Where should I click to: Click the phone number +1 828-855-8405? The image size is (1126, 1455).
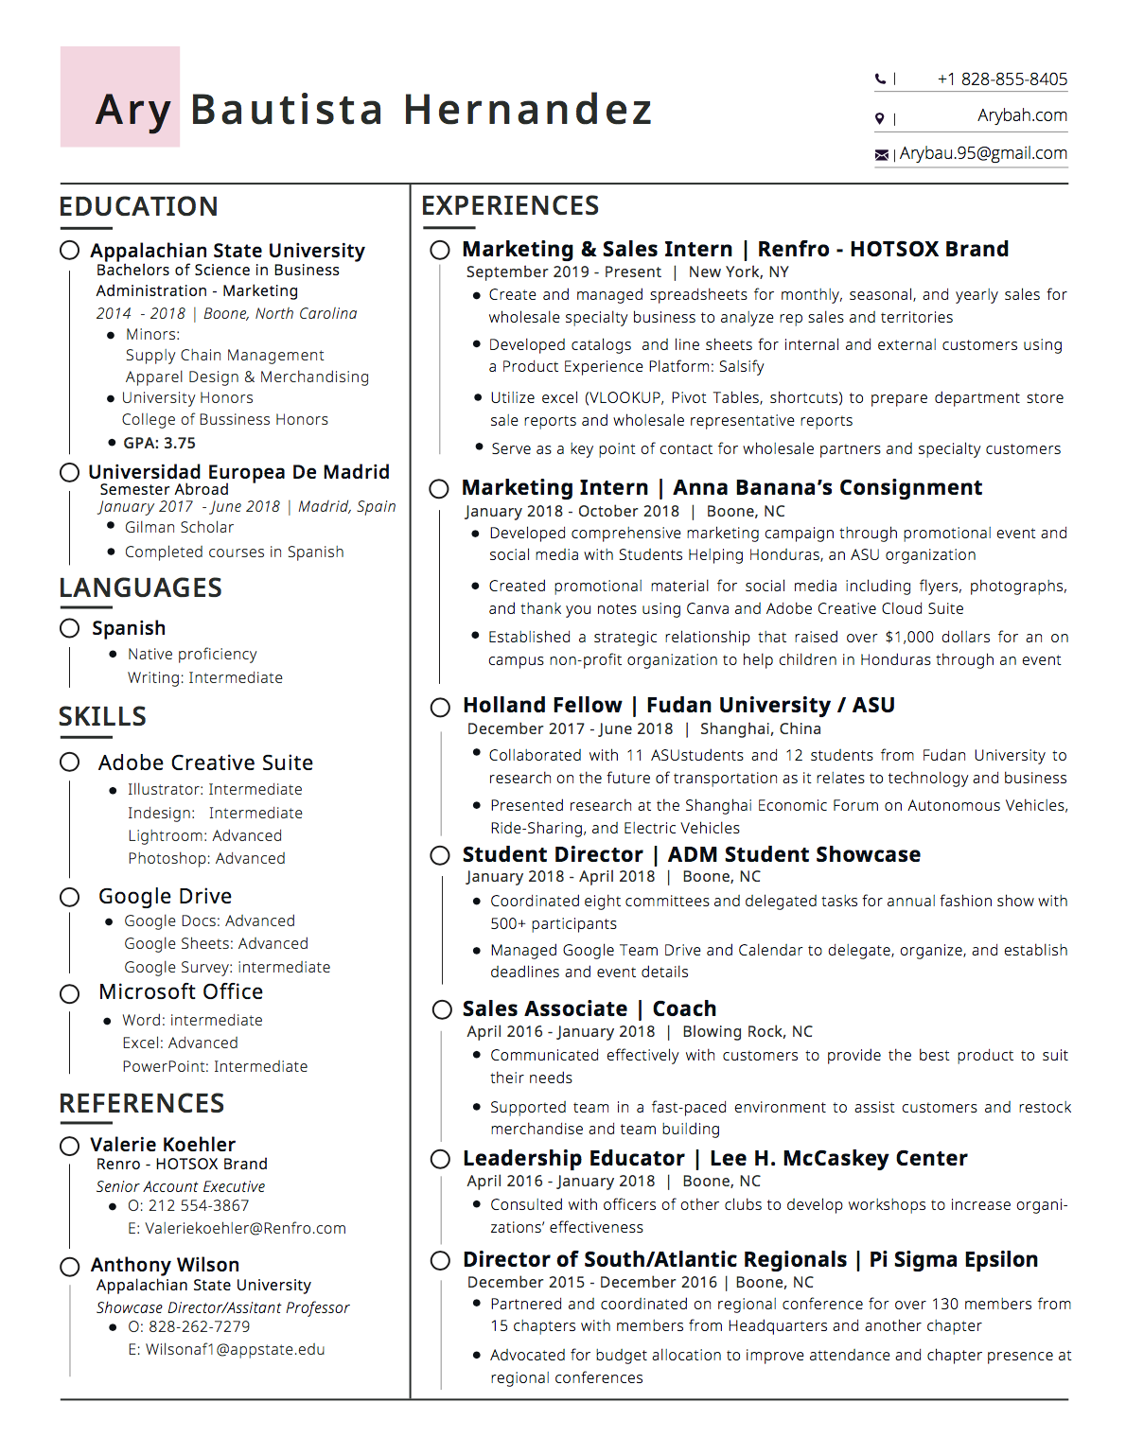(x=1002, y=79)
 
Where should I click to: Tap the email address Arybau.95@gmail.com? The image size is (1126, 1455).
(x=983, y=153)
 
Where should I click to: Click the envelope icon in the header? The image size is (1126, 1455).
(x=882, y=154)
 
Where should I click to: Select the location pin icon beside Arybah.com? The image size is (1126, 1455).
(x=880, y=118)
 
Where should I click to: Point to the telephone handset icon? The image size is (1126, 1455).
(x=880, y=79)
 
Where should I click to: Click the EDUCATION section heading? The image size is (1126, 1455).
(x=138, y=206)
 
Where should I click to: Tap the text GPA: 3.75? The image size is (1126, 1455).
(x=159, y=443)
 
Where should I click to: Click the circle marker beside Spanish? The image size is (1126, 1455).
(x=69, y=628)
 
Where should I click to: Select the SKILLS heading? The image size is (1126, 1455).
(x=102, y=716)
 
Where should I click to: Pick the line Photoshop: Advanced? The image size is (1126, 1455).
(x=206, y=858)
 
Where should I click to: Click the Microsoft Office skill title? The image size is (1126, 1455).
(x=181, y=991)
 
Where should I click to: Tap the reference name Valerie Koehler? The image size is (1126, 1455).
(x=163, y=1145)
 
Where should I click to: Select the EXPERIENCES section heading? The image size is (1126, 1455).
(x=510, y=205)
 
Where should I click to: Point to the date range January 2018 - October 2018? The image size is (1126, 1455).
(x=572, y=511)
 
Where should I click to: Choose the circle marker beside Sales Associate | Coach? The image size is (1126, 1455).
(x=441, y=1009)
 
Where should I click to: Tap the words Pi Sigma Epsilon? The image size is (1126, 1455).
(x=953, y=1259)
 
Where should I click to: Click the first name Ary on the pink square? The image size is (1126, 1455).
(x=133, y=110)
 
